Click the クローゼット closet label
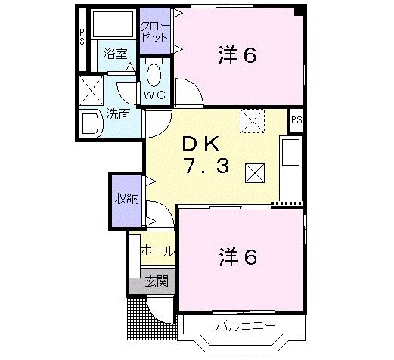[x=154, y=30]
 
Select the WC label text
[x=155, y=95]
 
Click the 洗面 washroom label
[x=117, y=115]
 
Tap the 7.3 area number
[x=204, y=167]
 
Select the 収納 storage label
[x=126, y=200]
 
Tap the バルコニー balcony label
[x=244, y=327]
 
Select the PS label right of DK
[x=296, y=119]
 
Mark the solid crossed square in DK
[x=254, y=173]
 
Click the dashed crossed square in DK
[x=250, y=119]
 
